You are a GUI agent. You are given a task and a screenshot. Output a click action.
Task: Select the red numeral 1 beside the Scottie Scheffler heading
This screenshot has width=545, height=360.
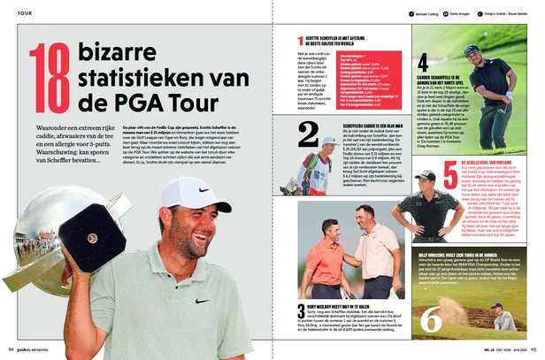coord(300,42)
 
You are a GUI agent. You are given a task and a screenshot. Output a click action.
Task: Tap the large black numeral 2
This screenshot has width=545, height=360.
coord(308,134)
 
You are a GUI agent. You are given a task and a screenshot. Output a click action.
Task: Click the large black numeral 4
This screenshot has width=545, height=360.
coord(424,63)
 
